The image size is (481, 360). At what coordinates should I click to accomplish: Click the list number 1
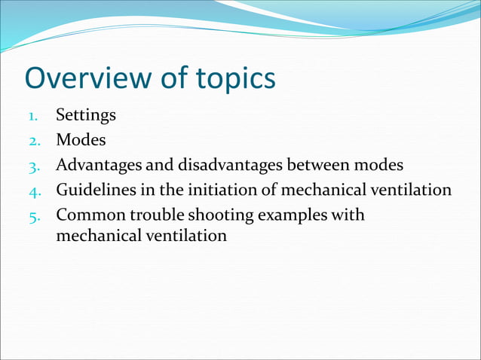[x=32, y=116]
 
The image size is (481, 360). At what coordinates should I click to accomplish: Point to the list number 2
[x=32, y=141]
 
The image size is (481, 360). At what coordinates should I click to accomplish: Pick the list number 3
[x=32, y=166]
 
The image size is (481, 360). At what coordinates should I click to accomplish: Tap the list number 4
[x=32, y=191]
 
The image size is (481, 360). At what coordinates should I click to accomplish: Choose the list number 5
[x=32, y=215]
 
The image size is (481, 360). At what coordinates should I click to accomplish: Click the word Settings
[x=86, y=116]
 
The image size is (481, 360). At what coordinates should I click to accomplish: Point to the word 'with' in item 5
[x=349, y=215]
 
